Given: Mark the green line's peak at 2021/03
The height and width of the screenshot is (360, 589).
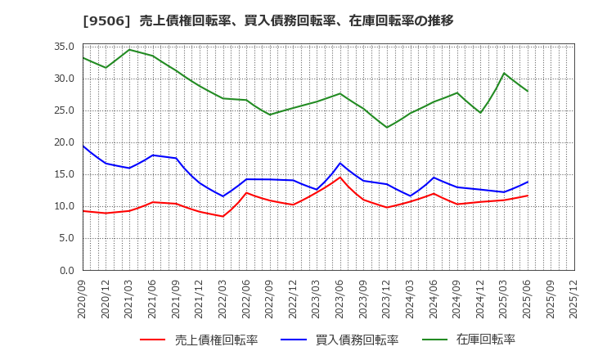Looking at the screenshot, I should point(129,50).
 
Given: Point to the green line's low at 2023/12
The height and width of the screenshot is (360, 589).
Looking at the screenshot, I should point(387,128).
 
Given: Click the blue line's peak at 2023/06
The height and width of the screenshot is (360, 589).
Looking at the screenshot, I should point(340,163).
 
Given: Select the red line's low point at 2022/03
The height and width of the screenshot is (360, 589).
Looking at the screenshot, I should point(223,216).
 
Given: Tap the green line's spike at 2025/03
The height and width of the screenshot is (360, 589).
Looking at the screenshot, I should point(504,74).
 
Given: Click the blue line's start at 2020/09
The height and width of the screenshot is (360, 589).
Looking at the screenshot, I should point(83,146).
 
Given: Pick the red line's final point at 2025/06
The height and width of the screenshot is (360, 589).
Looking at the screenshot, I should point(528,196).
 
